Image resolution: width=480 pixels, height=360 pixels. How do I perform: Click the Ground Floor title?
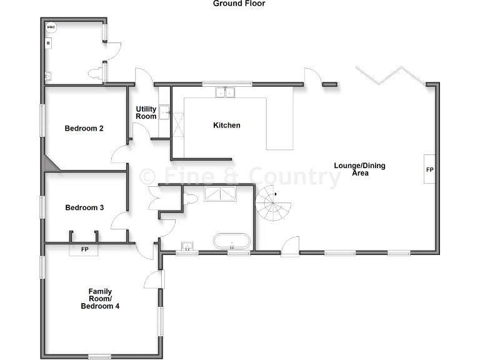(x=239, y=4)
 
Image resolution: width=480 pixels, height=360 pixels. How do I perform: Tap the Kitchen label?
(x=226, y=126)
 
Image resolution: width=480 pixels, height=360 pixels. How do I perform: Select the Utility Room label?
(x=146, y=113)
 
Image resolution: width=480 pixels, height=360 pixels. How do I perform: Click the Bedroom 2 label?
(x=84, y=129)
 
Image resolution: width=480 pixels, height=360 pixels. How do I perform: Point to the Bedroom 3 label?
(x=84, y=207)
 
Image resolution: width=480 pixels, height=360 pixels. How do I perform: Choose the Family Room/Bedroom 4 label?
(x=100, y=299)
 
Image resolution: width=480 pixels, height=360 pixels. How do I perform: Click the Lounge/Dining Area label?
(x=359, y=169)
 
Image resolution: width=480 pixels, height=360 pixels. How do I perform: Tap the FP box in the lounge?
(x=430, y=169)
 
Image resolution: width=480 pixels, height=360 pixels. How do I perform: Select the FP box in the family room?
(x=84, y=249)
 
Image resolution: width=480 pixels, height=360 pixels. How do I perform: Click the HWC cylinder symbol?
(x=51, y=28)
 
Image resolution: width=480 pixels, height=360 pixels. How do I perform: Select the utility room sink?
(x=164, y=112)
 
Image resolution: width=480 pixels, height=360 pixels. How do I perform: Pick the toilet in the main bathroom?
(x=191, y=198)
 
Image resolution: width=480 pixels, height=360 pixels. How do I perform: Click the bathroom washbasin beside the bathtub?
(x=186, y=246)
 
